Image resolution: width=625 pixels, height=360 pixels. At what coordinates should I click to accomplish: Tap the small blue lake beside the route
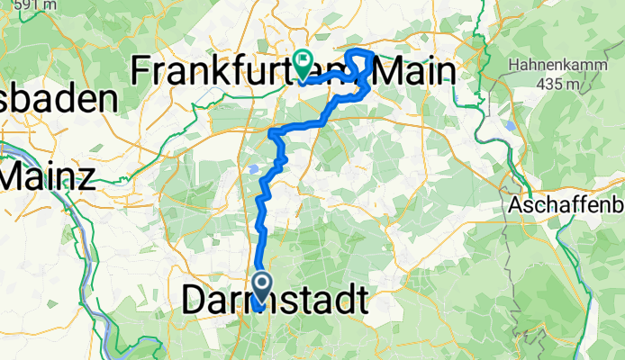255,167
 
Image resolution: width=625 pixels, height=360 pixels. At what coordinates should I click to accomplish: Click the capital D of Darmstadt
195,300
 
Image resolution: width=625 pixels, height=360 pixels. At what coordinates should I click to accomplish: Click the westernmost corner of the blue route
271,133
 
